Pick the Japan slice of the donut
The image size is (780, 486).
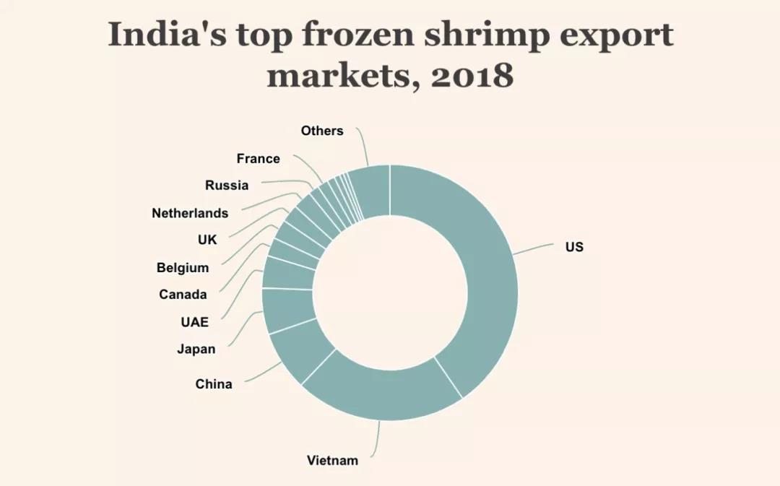tap(288, 311)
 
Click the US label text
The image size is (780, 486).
tap(574, 247)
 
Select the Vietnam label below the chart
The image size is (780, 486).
tap(332, 460)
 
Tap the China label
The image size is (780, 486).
tap(214, 384)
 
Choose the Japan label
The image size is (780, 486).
tap(196, 350)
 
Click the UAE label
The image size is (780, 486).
tap(195, 322)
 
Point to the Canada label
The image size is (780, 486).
tap(183, 295)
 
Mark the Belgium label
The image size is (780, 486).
tap(183, 268)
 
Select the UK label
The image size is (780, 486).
tap(207, 240)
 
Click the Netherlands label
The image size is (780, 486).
tap(190, 213)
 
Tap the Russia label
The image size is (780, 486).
tap(227, 186)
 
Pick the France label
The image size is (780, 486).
tap(258, 159)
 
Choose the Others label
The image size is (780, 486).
tap(322, 131)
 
